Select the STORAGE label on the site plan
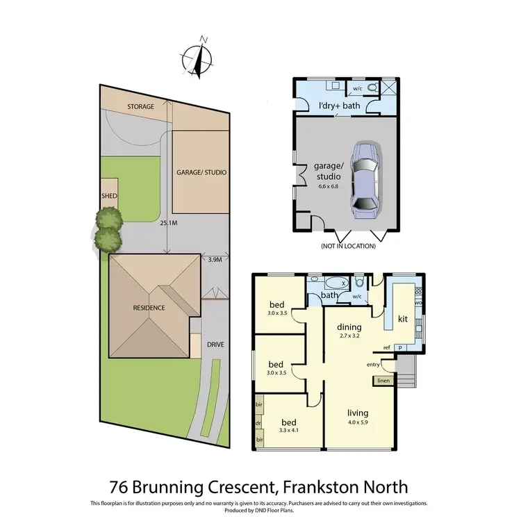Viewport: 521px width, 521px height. pyautogui.click(x=140, y=107)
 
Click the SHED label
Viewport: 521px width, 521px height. pyautogui.click(x=110, y=197)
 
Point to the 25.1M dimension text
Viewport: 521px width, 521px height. pyautogui.click(x=169, y=224)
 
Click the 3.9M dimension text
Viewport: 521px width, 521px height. pyautogui.click(x=215, y=259)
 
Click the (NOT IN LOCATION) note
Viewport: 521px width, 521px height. pyautogui.click(x=348, y=246)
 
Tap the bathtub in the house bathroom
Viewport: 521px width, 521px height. pyautogui.click(x=338, y=283)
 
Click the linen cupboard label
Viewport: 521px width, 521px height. pyautogui.click(x=383, y=380)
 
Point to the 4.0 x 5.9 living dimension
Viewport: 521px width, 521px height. pyautogui.click(x=358, y=422)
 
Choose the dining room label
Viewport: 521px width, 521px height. pyautogui.click(x=350, y=326)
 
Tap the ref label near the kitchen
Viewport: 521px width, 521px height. pyautogui.click(x=386, y=347)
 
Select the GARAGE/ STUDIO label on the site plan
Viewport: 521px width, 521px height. pyautogui.click(x=201, y=172)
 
